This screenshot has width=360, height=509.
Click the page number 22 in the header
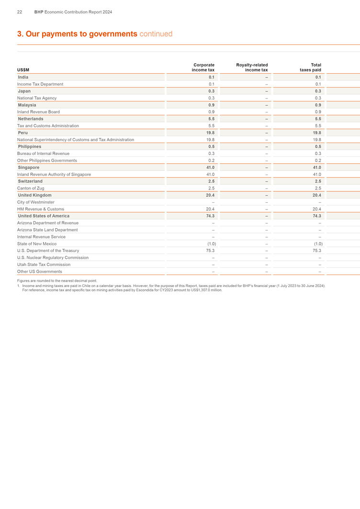(20, 12)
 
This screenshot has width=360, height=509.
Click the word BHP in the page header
(39, 12)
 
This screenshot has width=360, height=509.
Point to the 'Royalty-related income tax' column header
(252, 67)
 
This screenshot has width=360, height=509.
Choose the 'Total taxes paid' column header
(312, 67)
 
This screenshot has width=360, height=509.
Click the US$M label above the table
(23, 70)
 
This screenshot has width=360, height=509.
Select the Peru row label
(22, 133)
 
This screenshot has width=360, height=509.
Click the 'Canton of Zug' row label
(31, 188)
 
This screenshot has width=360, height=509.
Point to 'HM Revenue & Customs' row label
(41, 209)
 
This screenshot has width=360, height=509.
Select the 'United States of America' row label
(44, 216)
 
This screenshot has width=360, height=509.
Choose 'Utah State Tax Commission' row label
(44, 265)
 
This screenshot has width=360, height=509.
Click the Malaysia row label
(27, 105)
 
